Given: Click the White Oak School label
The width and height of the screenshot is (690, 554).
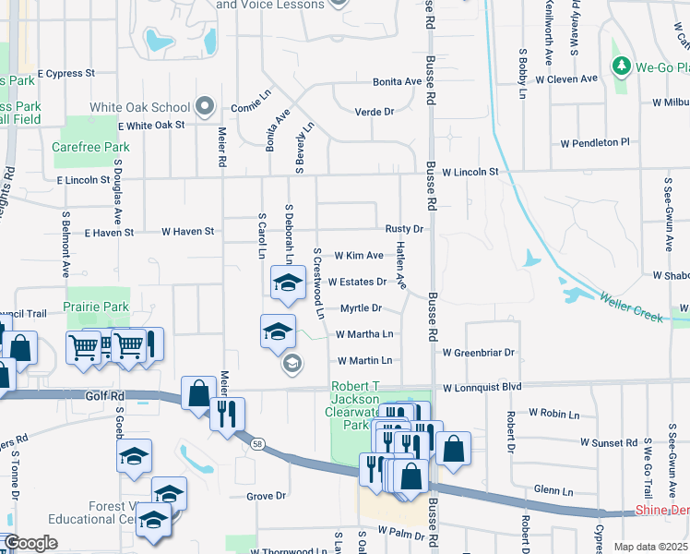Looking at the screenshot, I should [x=140, y=107].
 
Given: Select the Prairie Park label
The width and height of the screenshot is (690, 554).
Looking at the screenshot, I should [x=96, y=306].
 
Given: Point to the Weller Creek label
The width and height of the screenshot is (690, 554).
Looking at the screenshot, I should [x=632, y=307].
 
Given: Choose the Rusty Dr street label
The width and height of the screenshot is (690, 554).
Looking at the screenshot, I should [x=404, y=229].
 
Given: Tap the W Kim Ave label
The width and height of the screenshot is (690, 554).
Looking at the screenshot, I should [x=358, y=255].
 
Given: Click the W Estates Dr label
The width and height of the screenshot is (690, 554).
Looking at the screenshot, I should [x=357, y=282].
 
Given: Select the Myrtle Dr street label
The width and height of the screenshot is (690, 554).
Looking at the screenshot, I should [x=362, y=308].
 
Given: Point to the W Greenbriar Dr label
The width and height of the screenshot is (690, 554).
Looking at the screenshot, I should [x=478, y=353].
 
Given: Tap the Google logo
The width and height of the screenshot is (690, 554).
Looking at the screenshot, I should [x=31, y=543].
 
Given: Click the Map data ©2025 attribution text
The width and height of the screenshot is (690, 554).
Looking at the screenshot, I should [x=650, y=547].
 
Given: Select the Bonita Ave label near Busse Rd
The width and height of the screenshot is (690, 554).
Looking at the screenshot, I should [x=397, y=82].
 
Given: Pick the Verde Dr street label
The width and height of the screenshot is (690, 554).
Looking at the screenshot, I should [x=375, y=112].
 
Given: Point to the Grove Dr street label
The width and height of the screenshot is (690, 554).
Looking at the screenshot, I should [x=267, y=496].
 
